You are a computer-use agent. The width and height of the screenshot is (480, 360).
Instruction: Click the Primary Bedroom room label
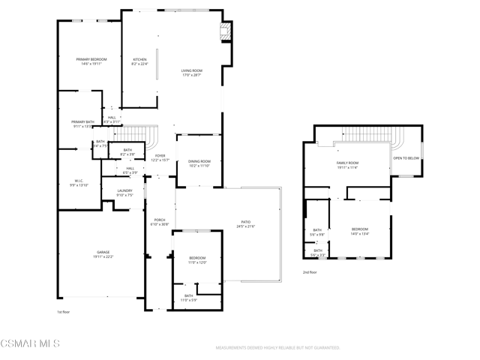91,59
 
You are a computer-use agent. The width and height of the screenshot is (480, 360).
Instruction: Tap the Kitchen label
140,59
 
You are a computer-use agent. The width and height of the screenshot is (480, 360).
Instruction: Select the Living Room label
191,70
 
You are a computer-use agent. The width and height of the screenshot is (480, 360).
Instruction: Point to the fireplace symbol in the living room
223,31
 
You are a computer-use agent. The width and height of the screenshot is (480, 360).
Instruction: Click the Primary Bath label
82,122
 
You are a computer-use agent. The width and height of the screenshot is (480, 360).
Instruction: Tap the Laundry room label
124,190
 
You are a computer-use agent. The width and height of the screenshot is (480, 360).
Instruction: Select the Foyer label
160,156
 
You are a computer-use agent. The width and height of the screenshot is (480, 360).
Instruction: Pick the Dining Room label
199,161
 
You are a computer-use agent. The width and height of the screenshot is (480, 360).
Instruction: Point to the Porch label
159,220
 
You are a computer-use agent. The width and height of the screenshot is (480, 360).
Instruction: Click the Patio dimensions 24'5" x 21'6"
245,226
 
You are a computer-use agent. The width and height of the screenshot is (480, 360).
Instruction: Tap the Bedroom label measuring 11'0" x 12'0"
196,259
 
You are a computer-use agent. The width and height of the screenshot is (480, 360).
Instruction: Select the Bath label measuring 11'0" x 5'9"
188,296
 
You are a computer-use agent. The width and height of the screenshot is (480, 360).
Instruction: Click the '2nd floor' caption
310,272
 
